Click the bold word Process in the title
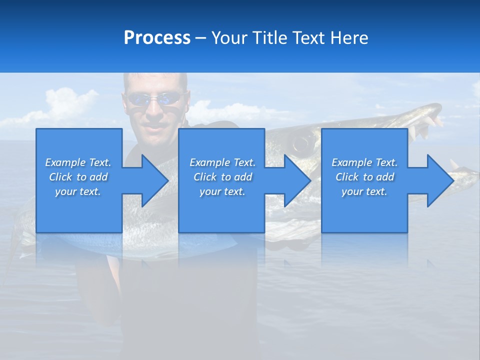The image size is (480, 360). [157, 38]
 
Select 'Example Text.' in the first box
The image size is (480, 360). [78, 162]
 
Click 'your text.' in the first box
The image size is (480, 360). [78, 191]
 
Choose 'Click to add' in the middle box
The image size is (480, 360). [222, 177]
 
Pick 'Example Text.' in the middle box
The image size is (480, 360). [222, 162]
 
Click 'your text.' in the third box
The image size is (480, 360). [364, 191]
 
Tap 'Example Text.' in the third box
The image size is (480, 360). [364, 162]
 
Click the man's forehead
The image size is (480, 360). [155, 82]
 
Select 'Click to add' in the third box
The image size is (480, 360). [364, 177]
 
